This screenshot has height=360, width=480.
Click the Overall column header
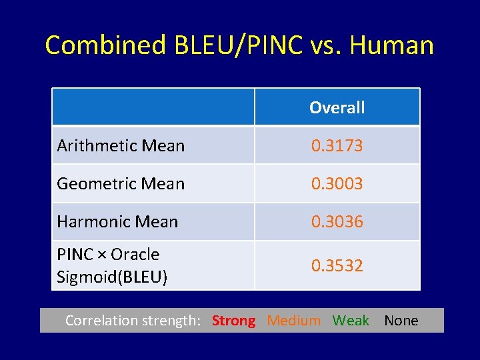[x=337, y=107]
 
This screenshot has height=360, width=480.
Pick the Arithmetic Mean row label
[x=121, y=145]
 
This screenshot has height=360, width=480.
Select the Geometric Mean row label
[x=121, y=183]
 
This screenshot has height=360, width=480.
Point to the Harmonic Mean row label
[x=117, y=221]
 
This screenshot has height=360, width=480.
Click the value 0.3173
[x=337, y=145]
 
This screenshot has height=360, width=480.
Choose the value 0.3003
[x=337, y=183]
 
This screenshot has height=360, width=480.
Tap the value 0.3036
[x=337, y=221]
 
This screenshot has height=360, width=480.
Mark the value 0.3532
[x=337, y=265]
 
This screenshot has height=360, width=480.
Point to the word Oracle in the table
[x=135, y=254]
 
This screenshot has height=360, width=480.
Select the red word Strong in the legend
[x=233, y=321]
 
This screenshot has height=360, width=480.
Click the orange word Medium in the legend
[x=293, y=321]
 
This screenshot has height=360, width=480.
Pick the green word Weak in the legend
[x=351, y=321]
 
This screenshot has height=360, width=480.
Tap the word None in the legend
[x=401, y=321]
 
